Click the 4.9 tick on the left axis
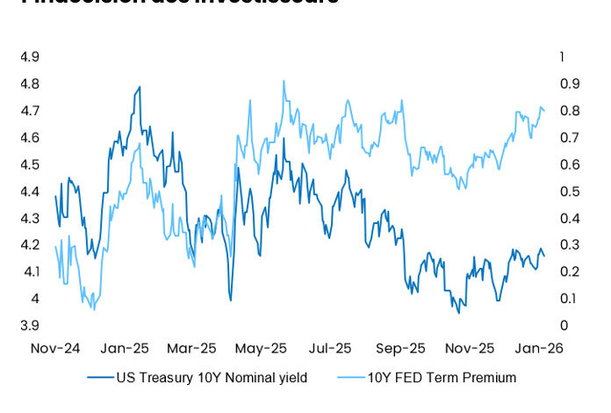point(29,57)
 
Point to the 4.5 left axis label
point(29,164)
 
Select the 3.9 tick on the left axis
point(29,326)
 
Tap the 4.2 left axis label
point(29,245)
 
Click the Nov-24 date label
point(55,347)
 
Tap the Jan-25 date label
point(124,347)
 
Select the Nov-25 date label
point(469,347)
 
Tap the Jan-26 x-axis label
point(537,347)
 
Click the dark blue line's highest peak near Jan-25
point(140,86)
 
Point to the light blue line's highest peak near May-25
point(284,81)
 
